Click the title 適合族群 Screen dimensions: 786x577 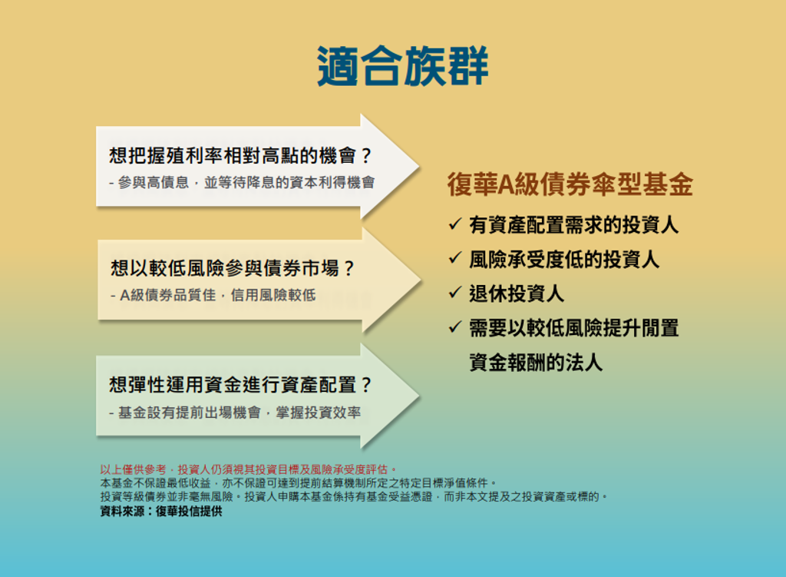pyautogui.click(x=402, y=66)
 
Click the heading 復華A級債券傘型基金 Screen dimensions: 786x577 pyautogui.click(x=570, y=184)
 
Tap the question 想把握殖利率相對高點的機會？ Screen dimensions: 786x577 pyautogui.click(x=240, y=155)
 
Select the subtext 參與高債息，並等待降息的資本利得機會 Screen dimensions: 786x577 pyautogui.click(x=242, y=183)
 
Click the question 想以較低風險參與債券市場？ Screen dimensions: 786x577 pyautogui.click(x=233, y=268)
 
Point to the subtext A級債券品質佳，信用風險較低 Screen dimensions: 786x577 pyautogui.click(x=213, y=295)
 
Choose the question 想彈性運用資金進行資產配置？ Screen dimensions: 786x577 pyautogui.click(x=240, y=385)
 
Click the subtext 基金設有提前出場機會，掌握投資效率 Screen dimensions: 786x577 pyautogui.click(x=235, y=413)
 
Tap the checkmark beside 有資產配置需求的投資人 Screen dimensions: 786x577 pyautogui.click(x=454, y=224)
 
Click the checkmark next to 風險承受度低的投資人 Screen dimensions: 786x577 pyautogui.click(x=454, y=258)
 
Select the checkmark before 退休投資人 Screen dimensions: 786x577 pyautogui.click(x=454, y=293)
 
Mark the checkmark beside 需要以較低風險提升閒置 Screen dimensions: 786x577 pyautogui.click(x=454, y=327)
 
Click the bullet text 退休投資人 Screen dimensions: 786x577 pyautogui.click(x=517, y=293)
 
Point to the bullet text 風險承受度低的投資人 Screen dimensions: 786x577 pyautogui.click(x=564, y=260)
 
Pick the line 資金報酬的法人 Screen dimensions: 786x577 pyautogui.click(x=535, y=362)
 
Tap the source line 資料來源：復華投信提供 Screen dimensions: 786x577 pyautogui.click(x=161, y=511)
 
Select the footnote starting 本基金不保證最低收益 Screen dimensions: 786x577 pyautogui.click(x=299, y=483)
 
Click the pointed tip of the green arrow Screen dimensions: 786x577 pyautogui.click(x=420, y=396)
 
